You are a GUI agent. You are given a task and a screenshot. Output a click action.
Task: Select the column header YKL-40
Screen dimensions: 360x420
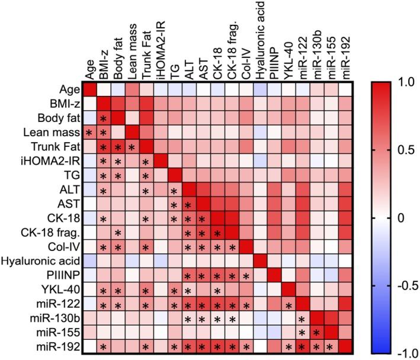click(289, 62)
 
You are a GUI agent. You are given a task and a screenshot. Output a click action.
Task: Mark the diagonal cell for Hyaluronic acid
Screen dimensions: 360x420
click(260, 260)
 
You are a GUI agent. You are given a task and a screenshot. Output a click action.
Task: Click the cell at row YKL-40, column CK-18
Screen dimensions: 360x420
click(217, 288)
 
